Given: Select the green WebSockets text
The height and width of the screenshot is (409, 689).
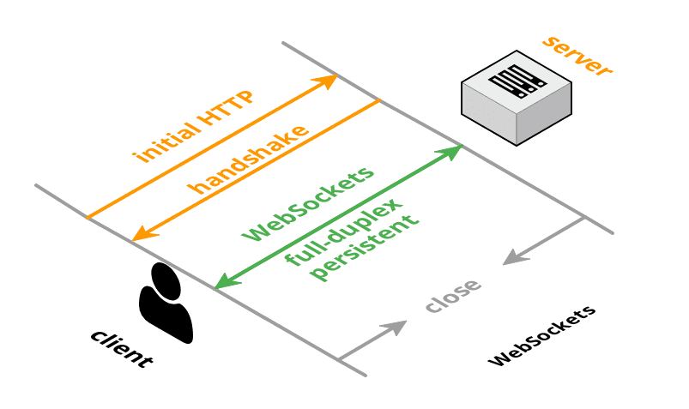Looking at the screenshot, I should [x=309, y=202].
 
